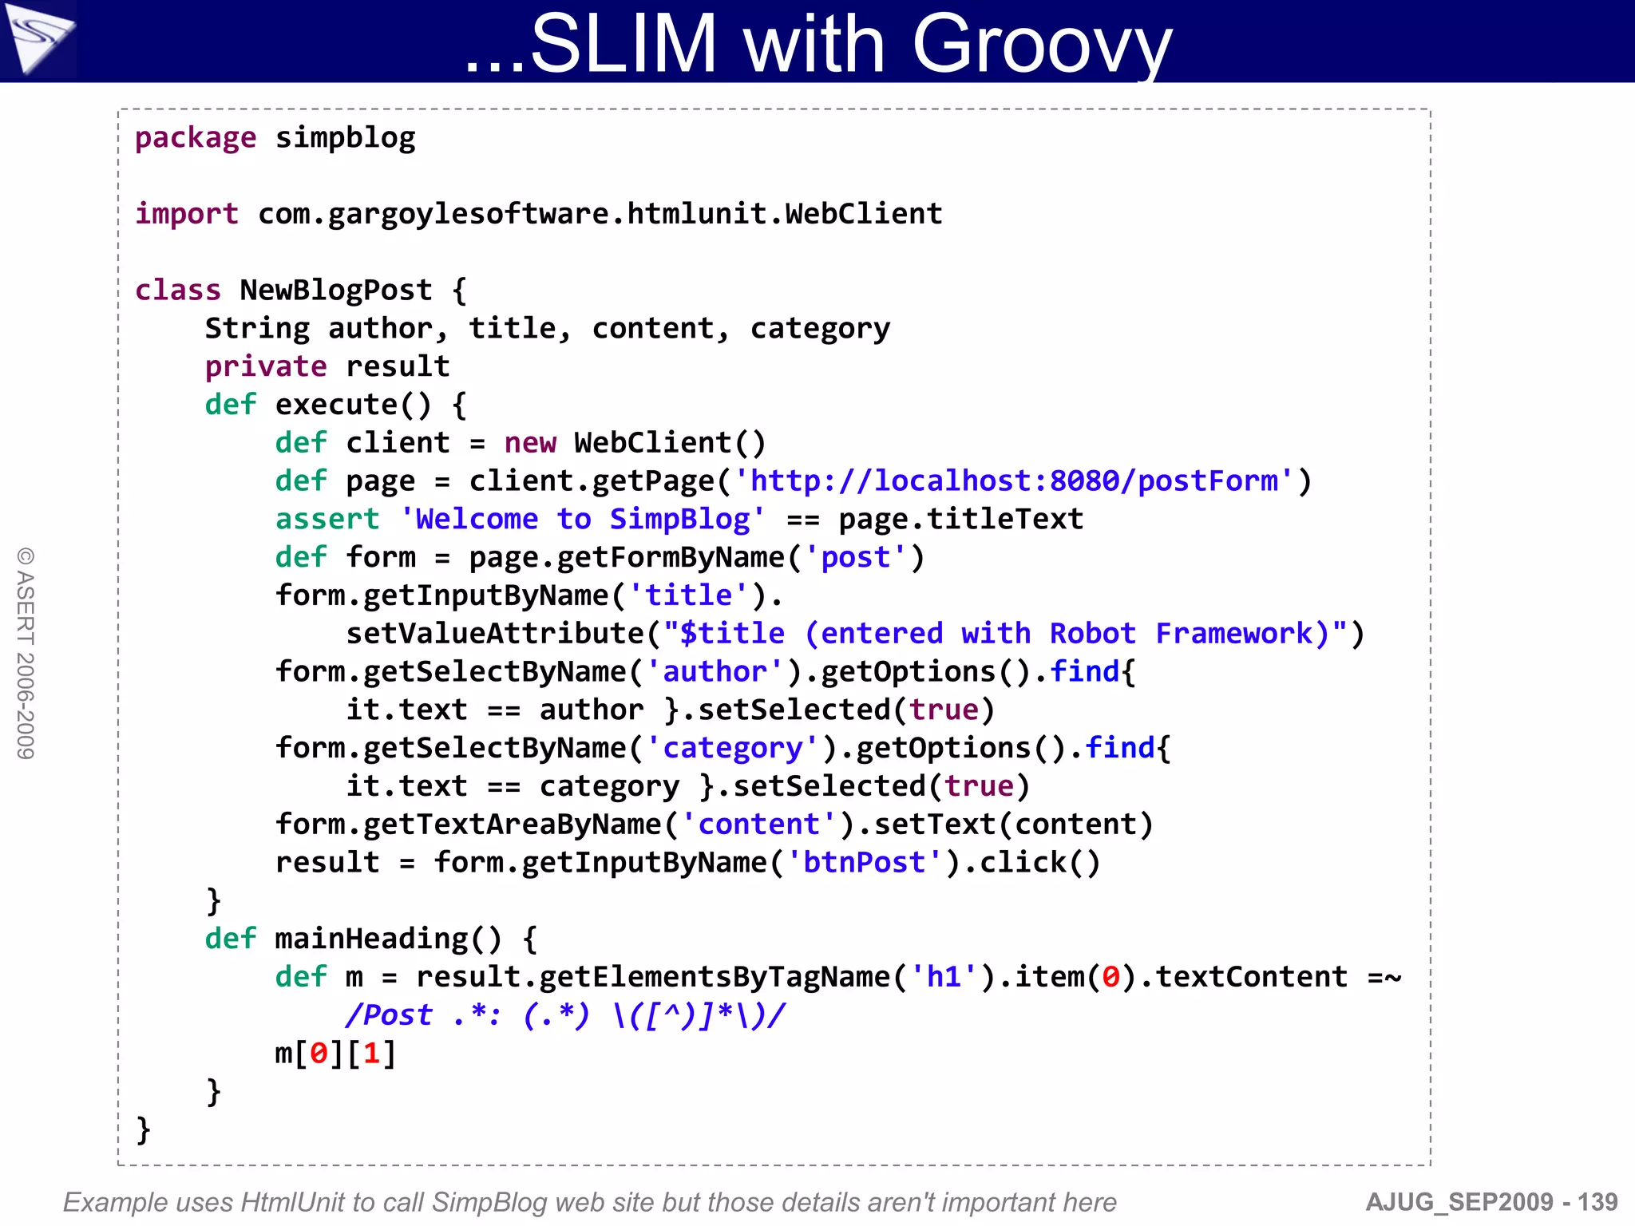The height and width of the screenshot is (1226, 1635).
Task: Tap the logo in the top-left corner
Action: point(38,38)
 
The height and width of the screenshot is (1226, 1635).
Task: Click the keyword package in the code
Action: point(196,138)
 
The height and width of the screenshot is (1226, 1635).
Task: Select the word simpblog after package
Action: point(345,138)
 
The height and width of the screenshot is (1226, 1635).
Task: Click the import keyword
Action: point(187,214)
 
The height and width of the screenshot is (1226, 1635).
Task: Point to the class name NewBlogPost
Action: point(336,290)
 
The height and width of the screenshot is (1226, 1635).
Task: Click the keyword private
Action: point(266,366)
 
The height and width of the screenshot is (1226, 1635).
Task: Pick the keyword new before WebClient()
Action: point(530,443)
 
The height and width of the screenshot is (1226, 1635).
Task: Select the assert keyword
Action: point(327,520)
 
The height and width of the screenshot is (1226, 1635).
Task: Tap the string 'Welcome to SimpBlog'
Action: point(582,520)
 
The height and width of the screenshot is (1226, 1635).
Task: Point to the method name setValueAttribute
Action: point(495,634)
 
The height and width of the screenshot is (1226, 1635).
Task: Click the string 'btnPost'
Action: point(864,863)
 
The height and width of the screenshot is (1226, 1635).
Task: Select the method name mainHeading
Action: point(371,939)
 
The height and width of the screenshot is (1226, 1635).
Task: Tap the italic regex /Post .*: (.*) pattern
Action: point(565,1015)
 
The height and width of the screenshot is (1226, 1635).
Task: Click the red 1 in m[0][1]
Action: point(371,1054)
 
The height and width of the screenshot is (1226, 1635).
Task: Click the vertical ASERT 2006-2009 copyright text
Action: point(26,653)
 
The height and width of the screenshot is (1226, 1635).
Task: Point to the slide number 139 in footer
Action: point(1597,1202)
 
